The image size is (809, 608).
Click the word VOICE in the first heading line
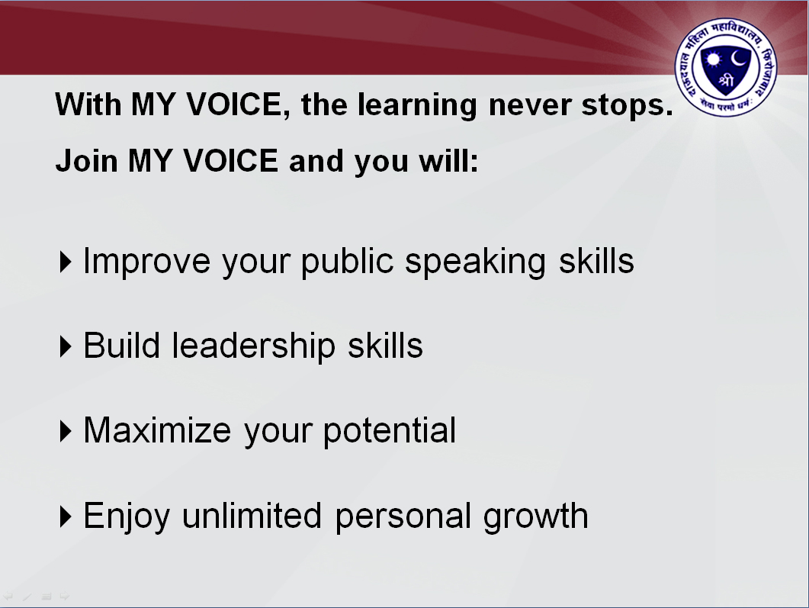pos(234,105)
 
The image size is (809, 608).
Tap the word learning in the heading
pos(417,106)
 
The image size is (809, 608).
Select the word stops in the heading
pos(627,106)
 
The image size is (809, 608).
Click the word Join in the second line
pos(87,160)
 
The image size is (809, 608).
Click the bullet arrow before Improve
pos(65,262)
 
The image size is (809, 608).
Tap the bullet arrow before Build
pos(65,346)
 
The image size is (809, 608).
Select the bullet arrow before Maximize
pos(65,431)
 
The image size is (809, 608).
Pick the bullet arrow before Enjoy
pos(65,516)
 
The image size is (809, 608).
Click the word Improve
pos(146,262)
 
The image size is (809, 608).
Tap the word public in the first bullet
pos(348,262)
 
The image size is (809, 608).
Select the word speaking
pos(475,262)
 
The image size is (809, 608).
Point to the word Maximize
pos(157,430)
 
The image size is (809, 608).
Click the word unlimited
pos(252,516)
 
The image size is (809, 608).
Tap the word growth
pos(535,517)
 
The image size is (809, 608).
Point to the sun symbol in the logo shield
pos(714,60)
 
